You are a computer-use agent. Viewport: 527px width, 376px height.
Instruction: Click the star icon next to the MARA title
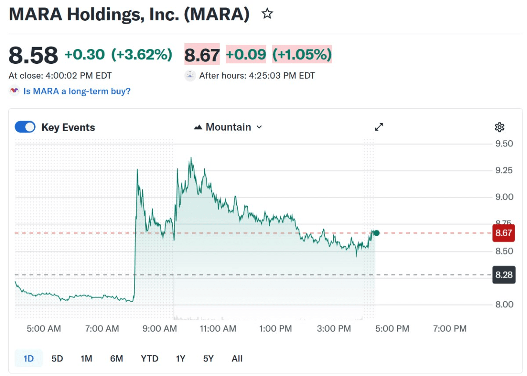[267, 14]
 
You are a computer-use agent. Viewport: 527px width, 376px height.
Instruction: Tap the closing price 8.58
[33, 55]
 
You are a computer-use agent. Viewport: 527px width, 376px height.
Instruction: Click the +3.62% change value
[141, 55]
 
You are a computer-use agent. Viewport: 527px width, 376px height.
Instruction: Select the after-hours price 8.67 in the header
[202, 55]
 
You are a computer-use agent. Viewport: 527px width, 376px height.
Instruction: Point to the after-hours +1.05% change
[302, 55]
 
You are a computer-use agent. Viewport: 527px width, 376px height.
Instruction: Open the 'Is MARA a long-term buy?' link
[77, 91]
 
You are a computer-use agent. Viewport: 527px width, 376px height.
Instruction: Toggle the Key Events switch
[25, 127]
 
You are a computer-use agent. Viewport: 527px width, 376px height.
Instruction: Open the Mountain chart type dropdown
[228, 127]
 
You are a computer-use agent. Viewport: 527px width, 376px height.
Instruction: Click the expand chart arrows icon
[379, 127]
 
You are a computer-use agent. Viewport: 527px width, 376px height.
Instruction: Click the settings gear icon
[499, 128]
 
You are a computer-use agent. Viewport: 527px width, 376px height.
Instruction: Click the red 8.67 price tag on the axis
[503, 233]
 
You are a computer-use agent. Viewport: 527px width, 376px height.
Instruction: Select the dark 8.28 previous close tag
[503, 275]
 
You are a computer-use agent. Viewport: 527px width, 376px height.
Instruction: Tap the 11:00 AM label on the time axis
[218, 329]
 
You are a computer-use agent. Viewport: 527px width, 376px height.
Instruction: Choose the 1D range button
[29, 358]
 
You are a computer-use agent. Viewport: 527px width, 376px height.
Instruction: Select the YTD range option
[149, 358]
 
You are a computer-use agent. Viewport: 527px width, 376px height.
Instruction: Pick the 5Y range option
[208, 358]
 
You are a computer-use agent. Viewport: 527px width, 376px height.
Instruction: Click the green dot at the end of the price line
[376, 233]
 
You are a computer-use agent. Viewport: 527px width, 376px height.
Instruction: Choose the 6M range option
[116, 358]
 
